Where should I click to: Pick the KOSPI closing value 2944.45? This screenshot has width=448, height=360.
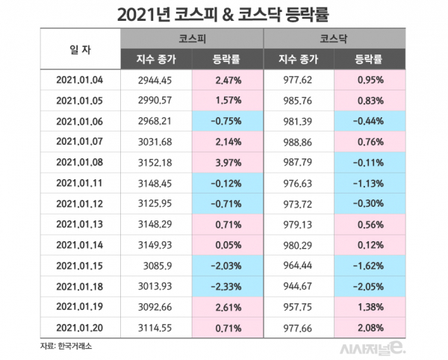point(156,80)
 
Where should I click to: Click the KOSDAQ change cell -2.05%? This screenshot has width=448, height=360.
point(368,287)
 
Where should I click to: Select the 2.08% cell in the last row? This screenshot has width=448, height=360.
point(370,327)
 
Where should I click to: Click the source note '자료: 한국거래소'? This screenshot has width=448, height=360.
point(65,346)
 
